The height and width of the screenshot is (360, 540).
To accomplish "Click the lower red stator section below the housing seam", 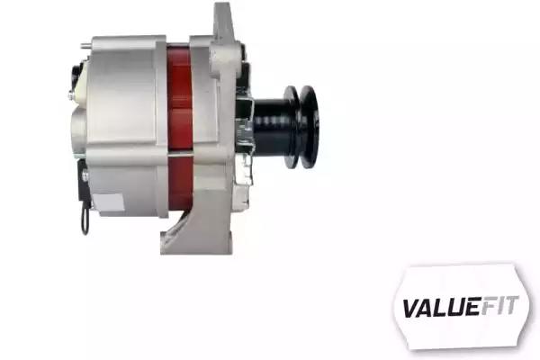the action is (x=180, y=183).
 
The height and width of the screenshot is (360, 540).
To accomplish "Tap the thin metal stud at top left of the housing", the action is (x=86, y=45).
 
